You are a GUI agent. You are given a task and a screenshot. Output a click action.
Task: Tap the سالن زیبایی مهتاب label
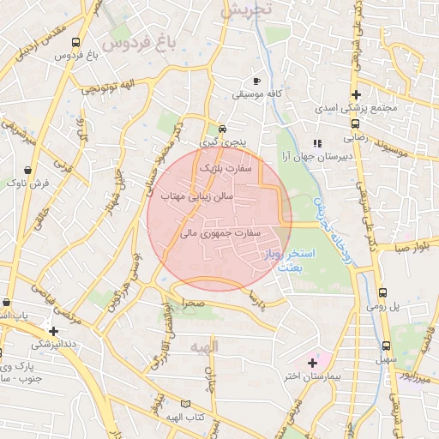[198, 196]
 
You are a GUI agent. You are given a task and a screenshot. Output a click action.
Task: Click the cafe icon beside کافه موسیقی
[256, 81]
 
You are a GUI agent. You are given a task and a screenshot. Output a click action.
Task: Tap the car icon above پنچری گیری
[223, 129]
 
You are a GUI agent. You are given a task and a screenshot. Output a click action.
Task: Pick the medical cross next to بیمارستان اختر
[312, 364]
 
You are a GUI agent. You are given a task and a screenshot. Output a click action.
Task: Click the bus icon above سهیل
[383, 346]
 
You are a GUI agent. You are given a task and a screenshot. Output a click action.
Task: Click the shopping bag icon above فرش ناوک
[31, 170]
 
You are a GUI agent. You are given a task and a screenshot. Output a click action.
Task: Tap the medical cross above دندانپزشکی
[54, 330]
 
